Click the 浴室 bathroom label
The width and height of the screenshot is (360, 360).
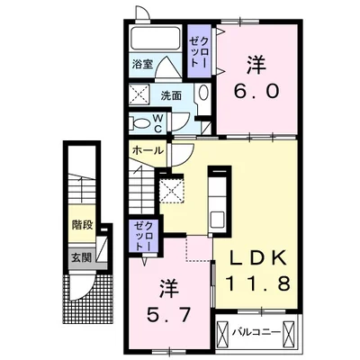pos(142,64)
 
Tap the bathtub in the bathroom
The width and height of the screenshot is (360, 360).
pos(156,38)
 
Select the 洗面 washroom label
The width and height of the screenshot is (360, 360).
pos(171,95)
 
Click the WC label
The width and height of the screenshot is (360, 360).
pos(158,123)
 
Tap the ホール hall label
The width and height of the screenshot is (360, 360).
pos(148,150)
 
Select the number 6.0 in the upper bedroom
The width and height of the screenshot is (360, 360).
pos(256,91)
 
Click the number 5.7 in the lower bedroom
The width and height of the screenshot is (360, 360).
pos(168,315)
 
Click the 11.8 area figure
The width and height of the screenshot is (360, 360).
pos(257,283)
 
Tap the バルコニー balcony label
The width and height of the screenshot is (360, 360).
pos(257,332)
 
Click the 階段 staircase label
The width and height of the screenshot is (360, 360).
pos(82,225)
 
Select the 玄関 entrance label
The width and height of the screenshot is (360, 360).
pos(81,257)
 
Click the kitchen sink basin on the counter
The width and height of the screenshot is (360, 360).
pos(217,220)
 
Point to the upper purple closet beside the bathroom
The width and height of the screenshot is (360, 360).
pos(199,51)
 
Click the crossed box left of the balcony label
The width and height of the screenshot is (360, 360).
pos(224,334)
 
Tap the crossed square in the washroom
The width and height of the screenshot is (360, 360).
pos(139,94)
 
